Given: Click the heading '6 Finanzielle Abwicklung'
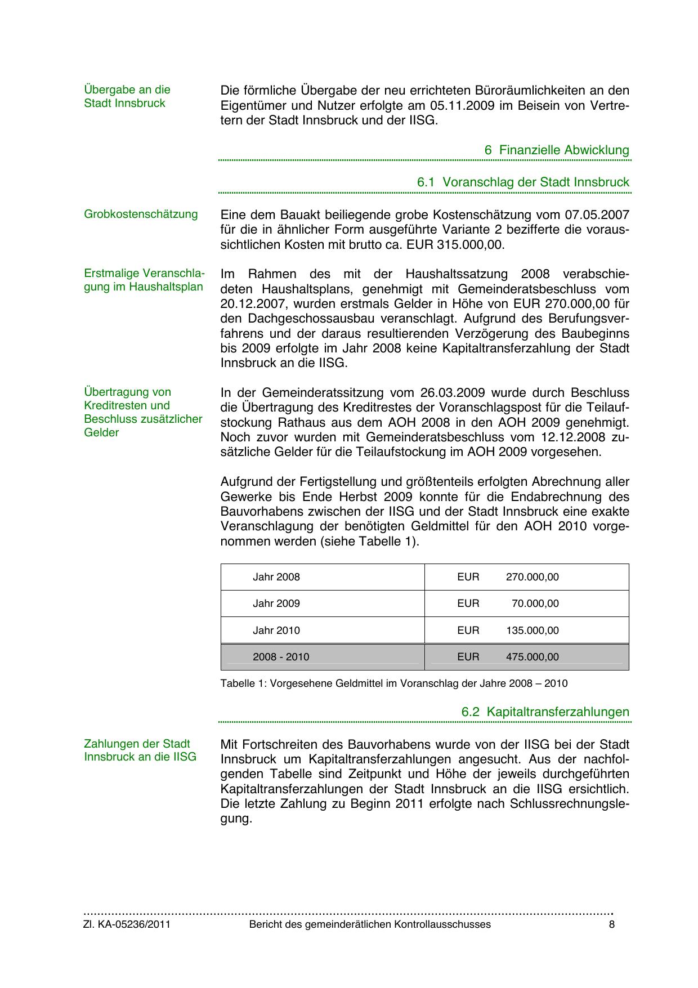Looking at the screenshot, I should (556, 150).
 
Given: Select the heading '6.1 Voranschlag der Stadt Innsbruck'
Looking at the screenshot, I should (523, 182).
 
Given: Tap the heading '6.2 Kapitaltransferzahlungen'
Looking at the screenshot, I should (545, 712).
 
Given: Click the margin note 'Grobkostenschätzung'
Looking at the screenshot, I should (141, 214).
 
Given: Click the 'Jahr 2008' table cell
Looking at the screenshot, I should (276, 577).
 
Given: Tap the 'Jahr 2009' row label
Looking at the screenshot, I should (276, 603).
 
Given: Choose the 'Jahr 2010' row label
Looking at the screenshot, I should (276, 631).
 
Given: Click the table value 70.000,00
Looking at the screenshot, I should (535, 603).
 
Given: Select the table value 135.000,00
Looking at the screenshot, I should (532, 631).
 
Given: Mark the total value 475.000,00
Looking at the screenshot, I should (532, 657).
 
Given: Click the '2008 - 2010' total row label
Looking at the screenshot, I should (281, 657).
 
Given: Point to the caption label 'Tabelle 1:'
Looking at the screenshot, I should (244, 683).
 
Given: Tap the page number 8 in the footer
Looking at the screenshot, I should (611, 924).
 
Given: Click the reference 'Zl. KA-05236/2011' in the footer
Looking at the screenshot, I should (127, 924).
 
